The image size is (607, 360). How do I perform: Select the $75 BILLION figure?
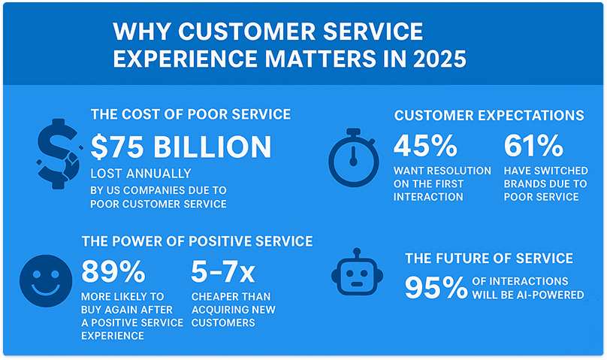(180, 147)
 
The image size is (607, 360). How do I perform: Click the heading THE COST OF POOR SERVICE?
(191, 114)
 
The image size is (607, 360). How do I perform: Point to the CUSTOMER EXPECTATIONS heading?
(488, 116)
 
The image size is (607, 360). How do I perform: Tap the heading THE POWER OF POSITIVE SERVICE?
(198, 241)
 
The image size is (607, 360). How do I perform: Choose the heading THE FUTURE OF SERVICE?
(488, 259)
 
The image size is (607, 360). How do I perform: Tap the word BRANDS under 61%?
(528, 184)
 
